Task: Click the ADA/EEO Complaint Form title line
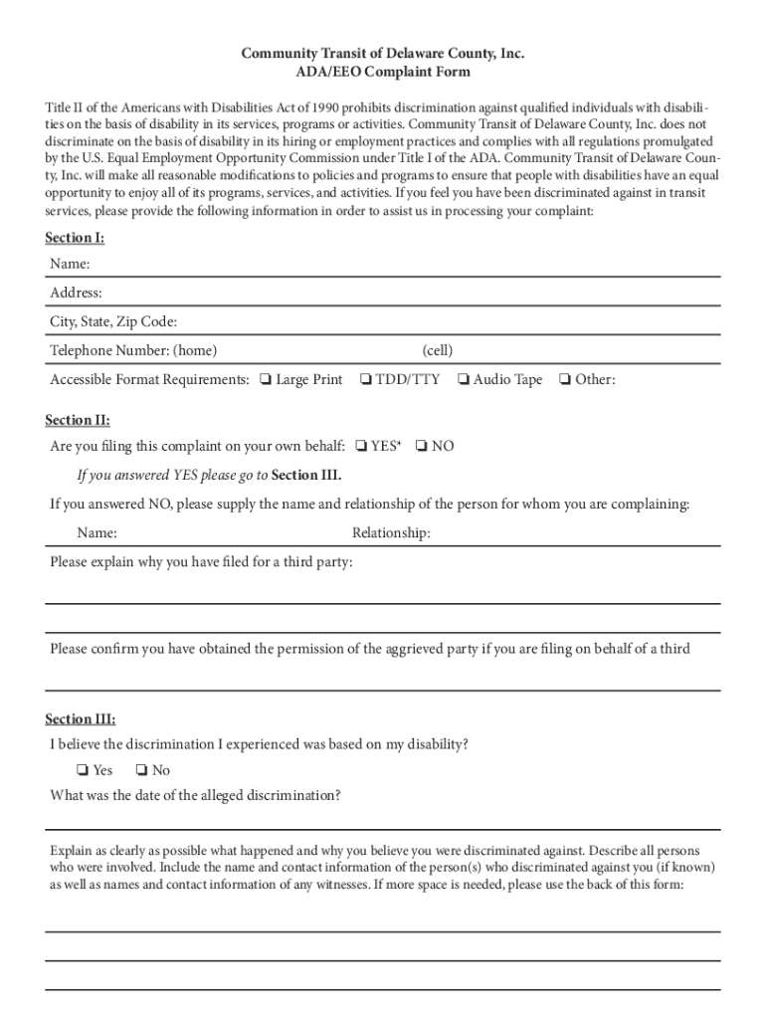tap(382, 72)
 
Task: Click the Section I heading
tap(75, 238)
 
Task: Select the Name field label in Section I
tap(70, 264)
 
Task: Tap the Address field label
tap(76, 293)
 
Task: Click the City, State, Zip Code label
tap(113, 321)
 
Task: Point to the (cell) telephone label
tap(437, 350)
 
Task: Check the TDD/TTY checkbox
tap(365, 379)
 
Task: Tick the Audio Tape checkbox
tap(463, 379)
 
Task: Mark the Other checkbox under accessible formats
tap(564, 379)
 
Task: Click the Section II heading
tap(78, 420)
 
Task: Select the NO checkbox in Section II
tap(422, 446)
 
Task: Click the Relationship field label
tap(391, 533)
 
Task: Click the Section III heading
tap(80, 718)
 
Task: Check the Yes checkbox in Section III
tap(82, 770)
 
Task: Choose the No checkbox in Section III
tap(141, 770)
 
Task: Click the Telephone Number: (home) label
tap(133, 350)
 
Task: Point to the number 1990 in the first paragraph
tap(324, 107)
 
